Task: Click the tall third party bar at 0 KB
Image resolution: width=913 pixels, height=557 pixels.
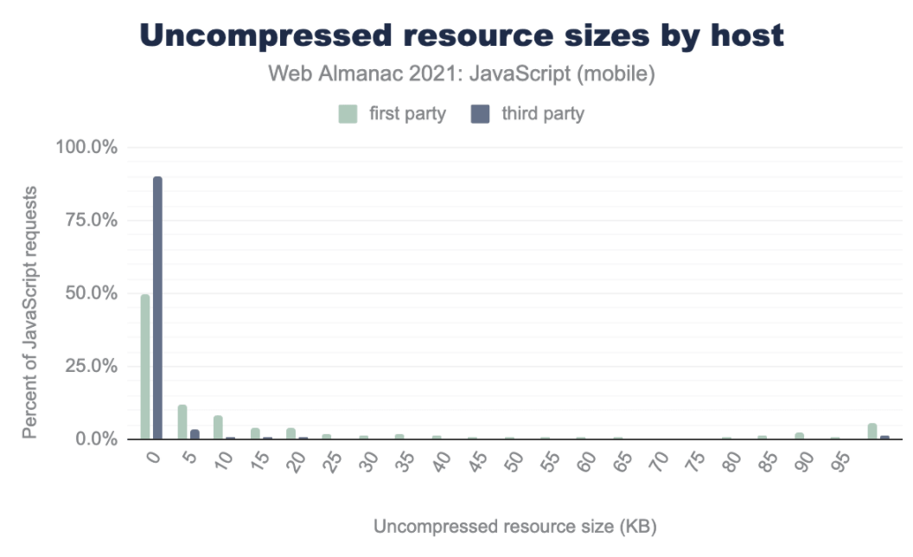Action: click(x=157, y=308)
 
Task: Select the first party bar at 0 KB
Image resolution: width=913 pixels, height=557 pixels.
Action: click(x=145, y=367)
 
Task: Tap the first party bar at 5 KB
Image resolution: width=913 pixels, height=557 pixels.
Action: click(x=182, y=422)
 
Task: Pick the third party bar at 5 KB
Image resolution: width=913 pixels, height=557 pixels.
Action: click(x=195, y=434)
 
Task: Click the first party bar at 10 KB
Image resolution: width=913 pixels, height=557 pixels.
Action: click(x=219, y=427)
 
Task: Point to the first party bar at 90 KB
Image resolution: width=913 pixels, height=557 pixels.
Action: click(x=800, y=436)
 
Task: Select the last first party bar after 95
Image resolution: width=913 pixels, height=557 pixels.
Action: click(x=872, y=431)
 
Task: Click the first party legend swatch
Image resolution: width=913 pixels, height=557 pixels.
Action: click(x=347, y=113)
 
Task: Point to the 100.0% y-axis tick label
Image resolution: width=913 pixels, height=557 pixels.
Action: click(x=86, y=147)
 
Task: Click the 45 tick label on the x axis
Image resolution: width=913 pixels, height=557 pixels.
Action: click(x=478, y=460)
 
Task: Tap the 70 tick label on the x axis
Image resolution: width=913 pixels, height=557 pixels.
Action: click(x=660, y=460)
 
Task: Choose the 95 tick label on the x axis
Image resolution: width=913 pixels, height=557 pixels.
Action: click(x=841, y=460)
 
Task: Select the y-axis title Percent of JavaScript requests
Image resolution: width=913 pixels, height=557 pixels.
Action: click(x=30, y=311)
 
